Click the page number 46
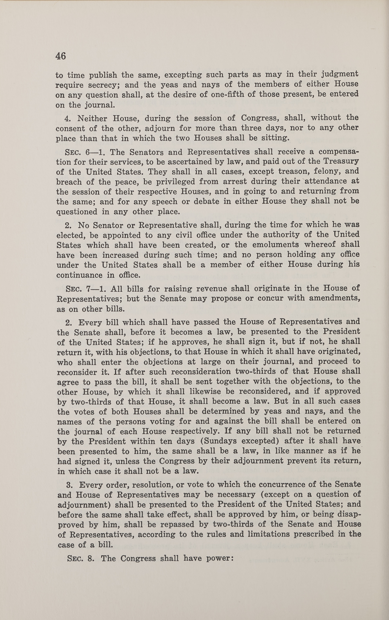pos(61,56)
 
